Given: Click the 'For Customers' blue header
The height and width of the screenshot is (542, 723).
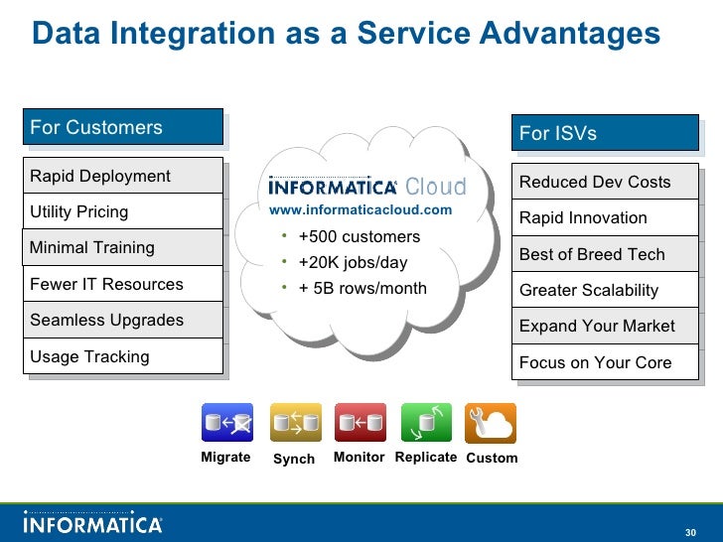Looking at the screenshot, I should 123,127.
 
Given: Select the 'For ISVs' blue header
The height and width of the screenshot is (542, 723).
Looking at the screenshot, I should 605,133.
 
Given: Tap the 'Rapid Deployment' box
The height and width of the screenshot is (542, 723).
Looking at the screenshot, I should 123,176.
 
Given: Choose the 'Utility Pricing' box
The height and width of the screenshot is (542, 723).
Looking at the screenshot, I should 123,211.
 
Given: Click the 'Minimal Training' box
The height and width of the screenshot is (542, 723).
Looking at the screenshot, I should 123,247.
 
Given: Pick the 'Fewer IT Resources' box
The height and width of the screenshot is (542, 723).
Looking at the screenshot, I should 123,284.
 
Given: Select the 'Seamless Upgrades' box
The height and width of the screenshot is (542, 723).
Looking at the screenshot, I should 123,320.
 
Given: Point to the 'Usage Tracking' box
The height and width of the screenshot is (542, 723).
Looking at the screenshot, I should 123,356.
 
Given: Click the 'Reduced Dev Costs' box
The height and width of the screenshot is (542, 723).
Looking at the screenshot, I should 605,182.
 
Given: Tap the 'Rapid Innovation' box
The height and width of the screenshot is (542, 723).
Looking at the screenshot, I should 605,217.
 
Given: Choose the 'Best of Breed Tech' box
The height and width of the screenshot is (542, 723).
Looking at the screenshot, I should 605,254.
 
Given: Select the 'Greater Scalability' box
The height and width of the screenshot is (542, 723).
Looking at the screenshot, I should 605,290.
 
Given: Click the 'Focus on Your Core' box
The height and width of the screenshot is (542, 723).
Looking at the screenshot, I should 605,362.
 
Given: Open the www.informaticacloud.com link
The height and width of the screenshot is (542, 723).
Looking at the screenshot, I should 361,210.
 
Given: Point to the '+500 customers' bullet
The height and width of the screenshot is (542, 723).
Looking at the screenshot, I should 359,237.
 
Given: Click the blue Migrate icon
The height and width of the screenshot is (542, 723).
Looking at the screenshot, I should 226,423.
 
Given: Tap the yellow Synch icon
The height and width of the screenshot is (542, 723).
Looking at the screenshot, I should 295,423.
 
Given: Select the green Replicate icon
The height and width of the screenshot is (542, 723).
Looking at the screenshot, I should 426,423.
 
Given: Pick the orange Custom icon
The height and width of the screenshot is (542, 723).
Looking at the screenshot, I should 491,423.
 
